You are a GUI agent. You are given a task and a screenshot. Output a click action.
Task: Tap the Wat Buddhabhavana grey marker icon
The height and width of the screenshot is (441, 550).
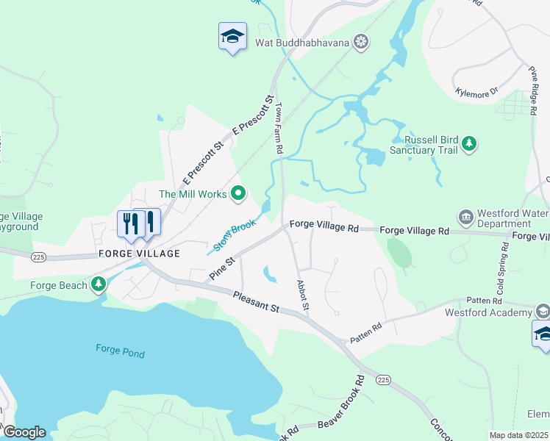coord(360,41)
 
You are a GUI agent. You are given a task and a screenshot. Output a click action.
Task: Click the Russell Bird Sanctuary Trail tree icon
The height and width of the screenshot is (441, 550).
coord(469,145)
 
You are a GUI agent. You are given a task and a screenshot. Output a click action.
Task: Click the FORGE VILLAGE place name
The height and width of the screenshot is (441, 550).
coord(139,254)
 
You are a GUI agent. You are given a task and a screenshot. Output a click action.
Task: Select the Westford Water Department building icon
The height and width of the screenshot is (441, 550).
coord(465,217)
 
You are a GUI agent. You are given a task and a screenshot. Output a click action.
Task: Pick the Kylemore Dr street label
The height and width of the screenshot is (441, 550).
coord(476,91)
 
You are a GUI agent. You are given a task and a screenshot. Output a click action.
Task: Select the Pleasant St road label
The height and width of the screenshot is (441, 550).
coord(255,301)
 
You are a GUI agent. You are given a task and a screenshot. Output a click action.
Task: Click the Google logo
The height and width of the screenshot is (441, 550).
coord(24,432)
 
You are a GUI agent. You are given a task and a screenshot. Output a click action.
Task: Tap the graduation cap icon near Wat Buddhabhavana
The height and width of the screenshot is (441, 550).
coord(232,36)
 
